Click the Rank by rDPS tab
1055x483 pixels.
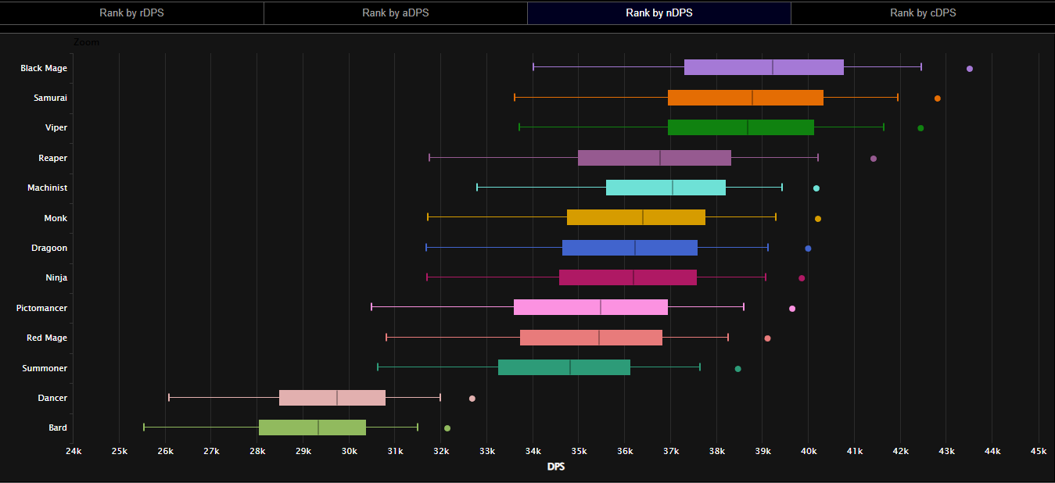click(x=131, y=13)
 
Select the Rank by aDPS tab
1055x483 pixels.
click(x=395, y=13)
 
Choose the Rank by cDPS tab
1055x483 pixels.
click(x=923, y=13)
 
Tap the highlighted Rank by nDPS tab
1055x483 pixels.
click(x=658, y=13)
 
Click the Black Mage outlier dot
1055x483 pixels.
click(x=970, y=69)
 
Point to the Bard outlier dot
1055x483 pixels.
click(x=447, y=428)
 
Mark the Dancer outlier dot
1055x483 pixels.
click(x=472, y=399)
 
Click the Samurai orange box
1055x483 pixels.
click(x=745, y=98)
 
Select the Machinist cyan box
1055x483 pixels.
click(x=666, y=188)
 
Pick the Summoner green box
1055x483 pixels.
click(x=564, y=367)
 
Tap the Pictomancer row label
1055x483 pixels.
click(x=41, y=308)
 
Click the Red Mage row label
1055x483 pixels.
click(x=47, y=338)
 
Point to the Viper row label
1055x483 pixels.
click(x=56, y=127)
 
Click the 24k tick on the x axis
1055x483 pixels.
click(x=74, y=452)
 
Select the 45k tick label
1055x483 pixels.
click(x=1039, y=452)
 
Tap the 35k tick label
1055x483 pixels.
click(x=579, y=452)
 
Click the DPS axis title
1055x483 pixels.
click(x=556, y=467)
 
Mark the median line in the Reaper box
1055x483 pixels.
click(x=660, y=158)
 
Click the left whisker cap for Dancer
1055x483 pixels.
click(x=169, y=398)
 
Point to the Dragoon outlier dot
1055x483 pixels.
click(x=808, y=249)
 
